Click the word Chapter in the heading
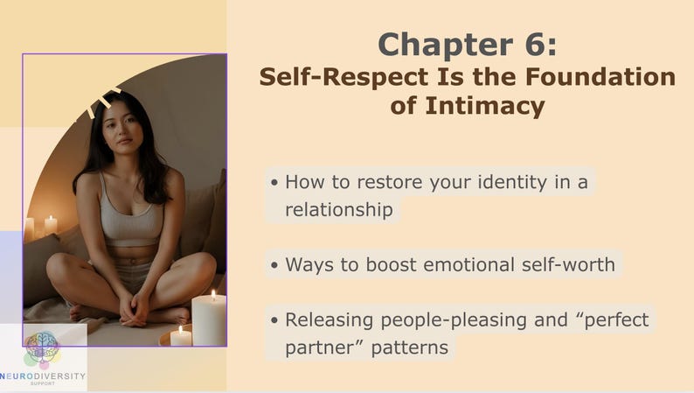(445, 45)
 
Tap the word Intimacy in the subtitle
(485, 105)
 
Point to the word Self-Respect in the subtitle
(344, 78)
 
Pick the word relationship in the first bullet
(339, 209)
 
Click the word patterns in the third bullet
(409, 347)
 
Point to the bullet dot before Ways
(274, 265)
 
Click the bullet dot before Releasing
(274, 320)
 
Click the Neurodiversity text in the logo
(43, 375)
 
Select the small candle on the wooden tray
(181, 336)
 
